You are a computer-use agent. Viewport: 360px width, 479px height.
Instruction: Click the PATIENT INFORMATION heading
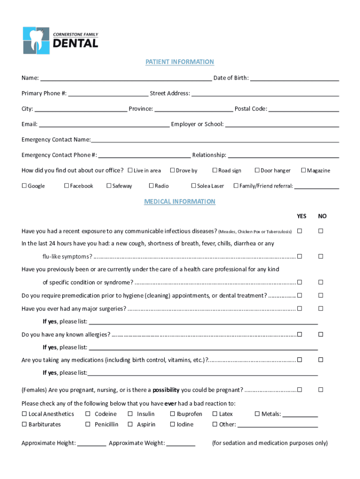point(180,62)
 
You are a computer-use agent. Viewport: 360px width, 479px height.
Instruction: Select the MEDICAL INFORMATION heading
point(180,202)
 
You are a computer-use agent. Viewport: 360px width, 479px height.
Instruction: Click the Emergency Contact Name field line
point(215,140)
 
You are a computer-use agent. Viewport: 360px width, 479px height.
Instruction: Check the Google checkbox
point(24,186)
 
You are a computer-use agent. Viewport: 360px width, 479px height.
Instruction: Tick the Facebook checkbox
point(66,186)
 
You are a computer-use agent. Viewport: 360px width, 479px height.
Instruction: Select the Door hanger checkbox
point(257,170)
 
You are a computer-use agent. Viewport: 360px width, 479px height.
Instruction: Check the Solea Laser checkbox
point(194,186)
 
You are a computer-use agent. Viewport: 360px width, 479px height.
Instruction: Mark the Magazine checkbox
point(303,170)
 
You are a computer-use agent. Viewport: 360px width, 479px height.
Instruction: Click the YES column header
point(302,216)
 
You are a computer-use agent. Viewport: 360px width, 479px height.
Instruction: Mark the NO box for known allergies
point(321,334)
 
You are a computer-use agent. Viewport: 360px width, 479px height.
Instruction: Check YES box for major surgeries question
point(299,308)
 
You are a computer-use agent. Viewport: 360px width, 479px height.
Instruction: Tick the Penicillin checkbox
point(88,424)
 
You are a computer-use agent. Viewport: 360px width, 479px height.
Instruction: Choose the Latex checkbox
point(215,414)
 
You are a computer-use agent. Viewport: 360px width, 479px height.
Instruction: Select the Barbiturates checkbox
point(24,424)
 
